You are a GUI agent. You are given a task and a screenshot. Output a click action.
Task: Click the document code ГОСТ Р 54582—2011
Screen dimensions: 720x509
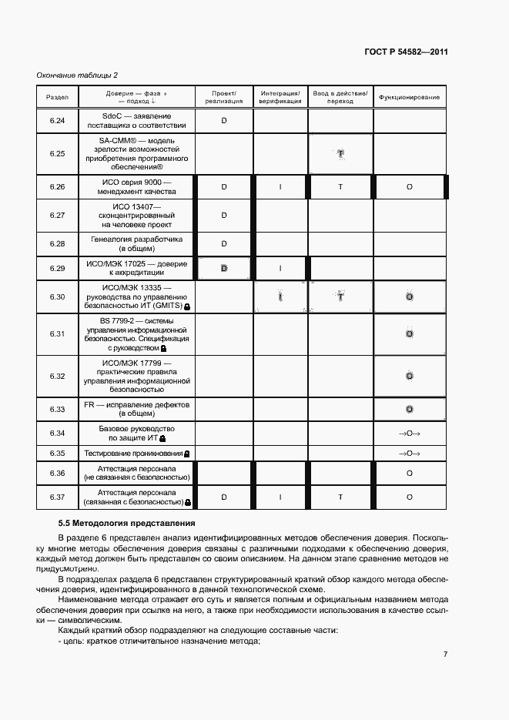(406, 53)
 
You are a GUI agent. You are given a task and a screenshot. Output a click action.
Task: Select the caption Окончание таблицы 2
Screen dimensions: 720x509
(78, 75)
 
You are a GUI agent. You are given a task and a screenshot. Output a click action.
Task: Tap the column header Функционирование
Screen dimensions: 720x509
(409, 97)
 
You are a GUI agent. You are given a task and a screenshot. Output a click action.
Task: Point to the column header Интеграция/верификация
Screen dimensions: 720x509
(280, 97)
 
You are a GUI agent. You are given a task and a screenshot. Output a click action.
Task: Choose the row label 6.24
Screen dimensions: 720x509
(57, 120)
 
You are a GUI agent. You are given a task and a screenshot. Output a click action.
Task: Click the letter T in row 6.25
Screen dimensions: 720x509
(340, 154)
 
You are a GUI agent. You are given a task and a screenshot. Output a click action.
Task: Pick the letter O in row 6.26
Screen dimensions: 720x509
(409, 187)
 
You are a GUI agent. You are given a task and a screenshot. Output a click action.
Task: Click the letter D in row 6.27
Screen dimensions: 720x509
(224, 216)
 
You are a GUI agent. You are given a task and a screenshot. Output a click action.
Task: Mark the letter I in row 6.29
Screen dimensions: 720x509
(280, 269)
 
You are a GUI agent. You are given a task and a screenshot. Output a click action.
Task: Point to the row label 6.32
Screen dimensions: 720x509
(57, 376)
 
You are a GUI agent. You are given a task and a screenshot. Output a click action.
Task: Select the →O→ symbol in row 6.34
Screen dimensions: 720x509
(409, 434)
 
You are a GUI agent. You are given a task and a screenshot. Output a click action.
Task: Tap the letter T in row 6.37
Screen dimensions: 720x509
(340, 497)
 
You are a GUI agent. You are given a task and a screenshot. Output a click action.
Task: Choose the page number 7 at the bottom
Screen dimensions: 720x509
(445, 655)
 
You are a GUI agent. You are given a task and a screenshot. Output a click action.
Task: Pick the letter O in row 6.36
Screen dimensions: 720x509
(409, 473)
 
